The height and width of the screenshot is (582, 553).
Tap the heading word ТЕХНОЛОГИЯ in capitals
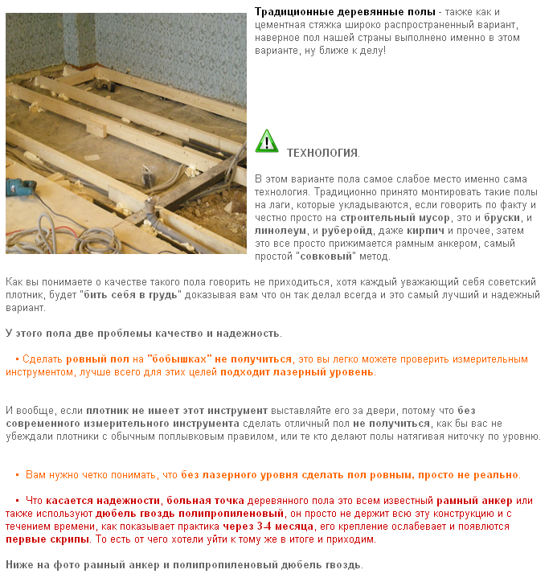[x=322, y=153]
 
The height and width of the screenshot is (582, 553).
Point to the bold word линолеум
[x=278, y=231]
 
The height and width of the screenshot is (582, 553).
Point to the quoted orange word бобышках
[x=181, y=359]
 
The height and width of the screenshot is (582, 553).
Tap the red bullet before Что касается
[x=17, y=501]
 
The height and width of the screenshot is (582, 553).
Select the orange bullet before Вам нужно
[x=17, y=475]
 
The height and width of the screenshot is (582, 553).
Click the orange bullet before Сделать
[x=17, y=359]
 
